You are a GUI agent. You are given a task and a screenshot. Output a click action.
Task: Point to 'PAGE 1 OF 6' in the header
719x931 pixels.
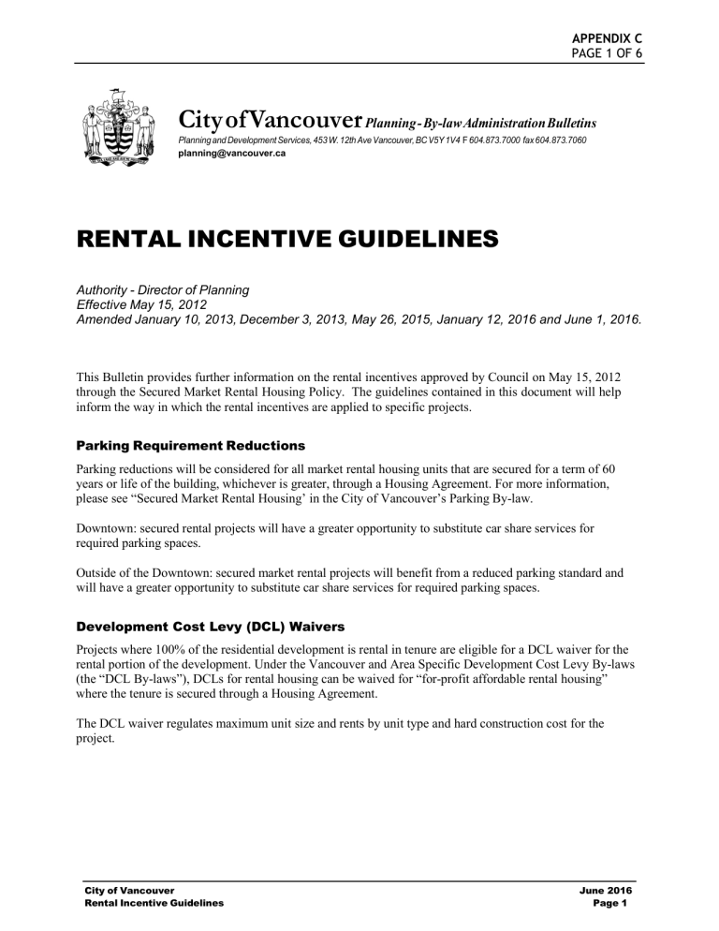pyautogui.click(x=607, y=53)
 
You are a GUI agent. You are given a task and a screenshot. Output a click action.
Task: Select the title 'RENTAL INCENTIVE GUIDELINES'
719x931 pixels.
pyautogui.click(x=282, y=240)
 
